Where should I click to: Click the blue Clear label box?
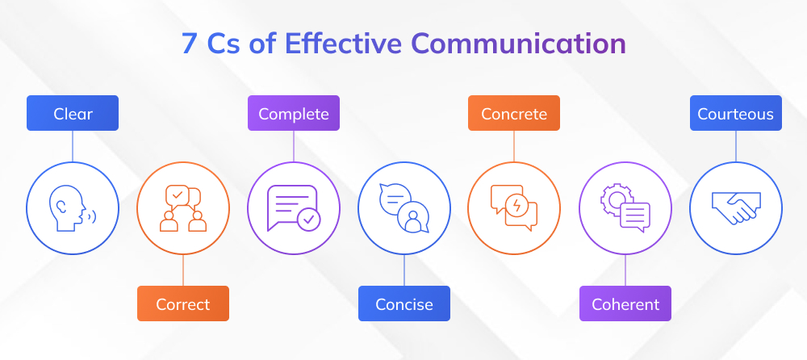[x=73, y=114]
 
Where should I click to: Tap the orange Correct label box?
[x=182, y=304]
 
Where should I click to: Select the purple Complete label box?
[x=293, y=114]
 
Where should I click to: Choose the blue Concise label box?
[x=403, y=304]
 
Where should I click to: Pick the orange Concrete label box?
[x=514, y=114]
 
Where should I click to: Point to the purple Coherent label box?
[x=625, y=304]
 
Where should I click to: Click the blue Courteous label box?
[x=735, y=114]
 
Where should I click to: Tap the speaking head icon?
[x=69, y=207]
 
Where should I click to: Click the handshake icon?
[x=735, y=209]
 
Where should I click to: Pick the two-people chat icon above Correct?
[x=182, y=208]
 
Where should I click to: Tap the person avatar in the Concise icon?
[x=414, y=219]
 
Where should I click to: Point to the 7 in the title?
[x=188, y=44]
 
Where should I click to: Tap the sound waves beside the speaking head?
[x=92, y=216]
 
